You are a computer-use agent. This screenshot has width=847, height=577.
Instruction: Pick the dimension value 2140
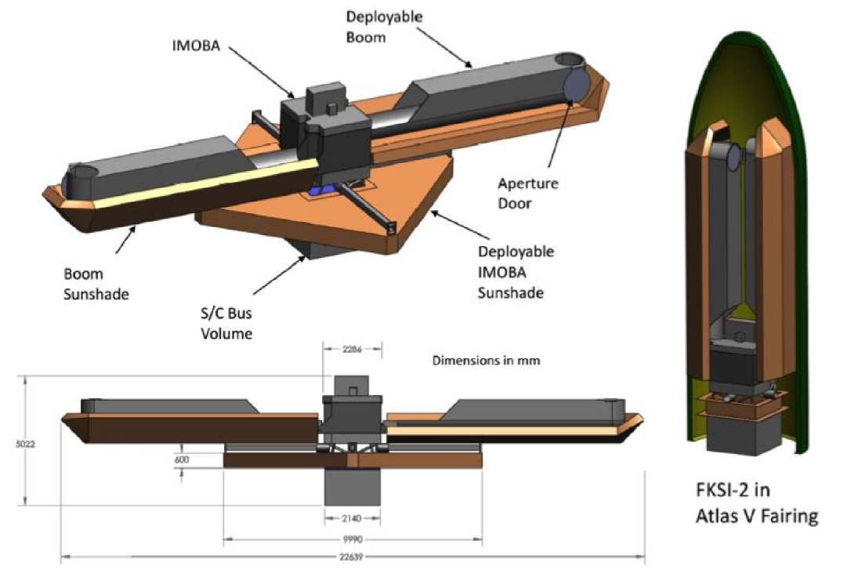pyautogui.click(x=353, y=518)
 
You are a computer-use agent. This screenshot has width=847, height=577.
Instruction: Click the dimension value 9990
pyautogui.click(x=353, y=539)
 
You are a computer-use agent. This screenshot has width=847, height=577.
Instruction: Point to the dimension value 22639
pyautogui.click(x=353, y=557)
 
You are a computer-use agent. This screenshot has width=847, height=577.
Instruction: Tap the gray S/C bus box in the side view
pyautogui.click(x=353, y=486)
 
